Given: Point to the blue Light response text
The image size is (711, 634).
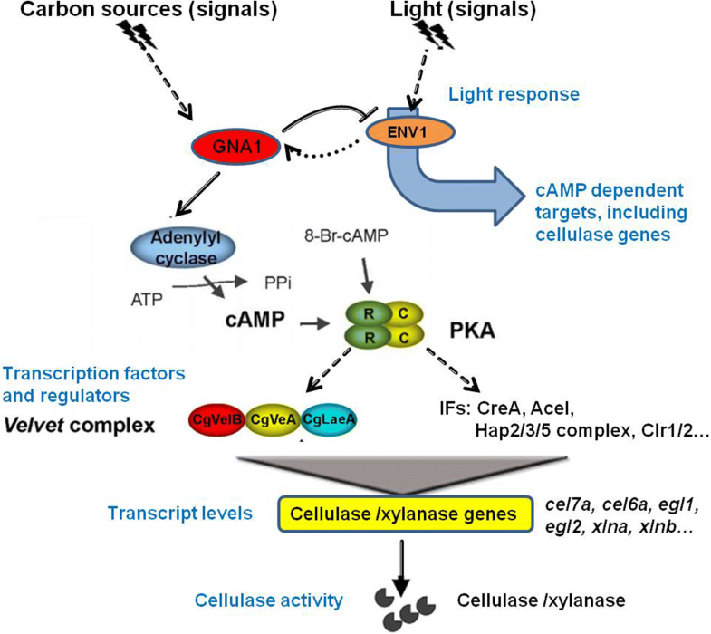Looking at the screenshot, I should point(514,93).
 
